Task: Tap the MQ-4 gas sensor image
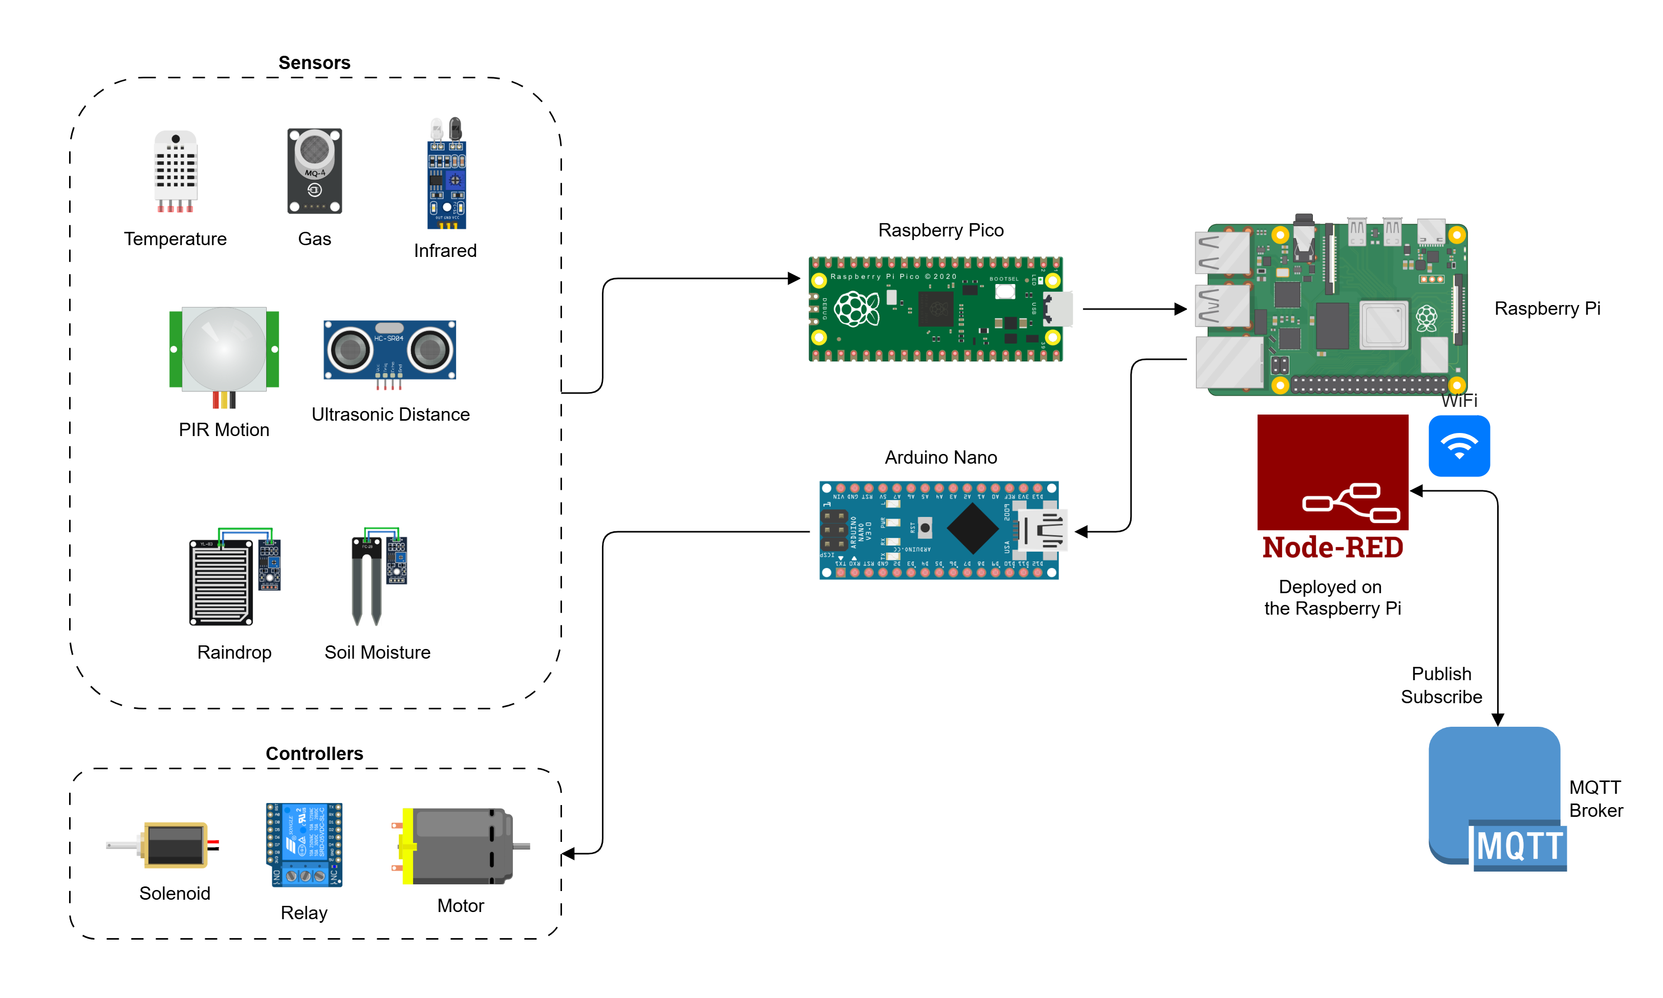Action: pos(314,171)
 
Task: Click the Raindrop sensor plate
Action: pos(221,582)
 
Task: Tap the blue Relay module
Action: pos(305,844)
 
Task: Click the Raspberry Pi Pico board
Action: pos(935,309)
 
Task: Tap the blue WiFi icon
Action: pos(1459,446)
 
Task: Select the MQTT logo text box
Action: pos(1519,846)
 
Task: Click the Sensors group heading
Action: pos(314,62)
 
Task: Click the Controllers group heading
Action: pos(314,753)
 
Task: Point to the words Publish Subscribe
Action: pos(1441,685)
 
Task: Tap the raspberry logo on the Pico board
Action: pos(856,309)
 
